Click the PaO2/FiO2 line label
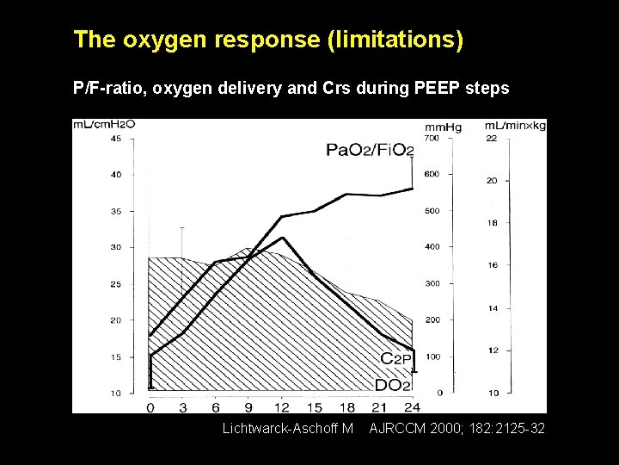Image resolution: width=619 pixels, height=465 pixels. [370, 151]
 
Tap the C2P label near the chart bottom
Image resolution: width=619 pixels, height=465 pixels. [398, 360]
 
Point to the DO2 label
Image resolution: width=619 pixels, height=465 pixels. [393, 385]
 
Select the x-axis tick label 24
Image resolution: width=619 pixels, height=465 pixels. [412, 407]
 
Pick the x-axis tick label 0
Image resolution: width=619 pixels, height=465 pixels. [150, 407]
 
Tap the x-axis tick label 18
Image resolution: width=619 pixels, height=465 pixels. [347, 407]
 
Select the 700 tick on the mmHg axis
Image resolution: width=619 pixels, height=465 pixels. [432, 139]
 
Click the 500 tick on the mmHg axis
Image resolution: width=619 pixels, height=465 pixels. [432, 211]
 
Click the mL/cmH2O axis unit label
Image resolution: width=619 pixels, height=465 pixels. [104, 125]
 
